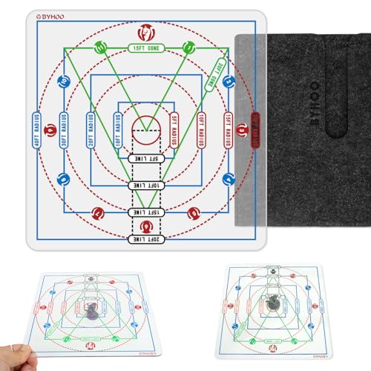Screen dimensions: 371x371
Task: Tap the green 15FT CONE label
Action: [145, 49]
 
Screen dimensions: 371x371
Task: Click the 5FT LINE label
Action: [145, 158]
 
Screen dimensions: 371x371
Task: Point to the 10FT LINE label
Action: [145, 185]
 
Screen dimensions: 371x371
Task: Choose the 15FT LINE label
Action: [145, 212]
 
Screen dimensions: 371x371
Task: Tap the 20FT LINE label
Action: [145, 239]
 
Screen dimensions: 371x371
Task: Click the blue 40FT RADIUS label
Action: [37, 131]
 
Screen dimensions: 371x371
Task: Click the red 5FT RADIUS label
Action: [173, 131]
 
